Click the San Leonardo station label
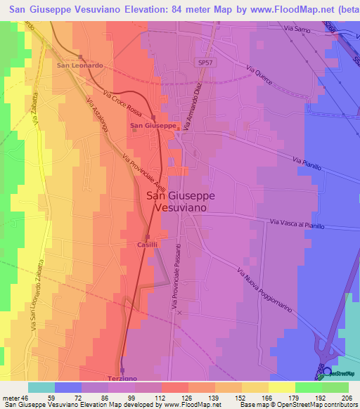pos(79,65)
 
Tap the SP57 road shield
pos(205,63)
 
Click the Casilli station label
pos(147,245)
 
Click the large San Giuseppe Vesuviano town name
pos(180,202)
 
